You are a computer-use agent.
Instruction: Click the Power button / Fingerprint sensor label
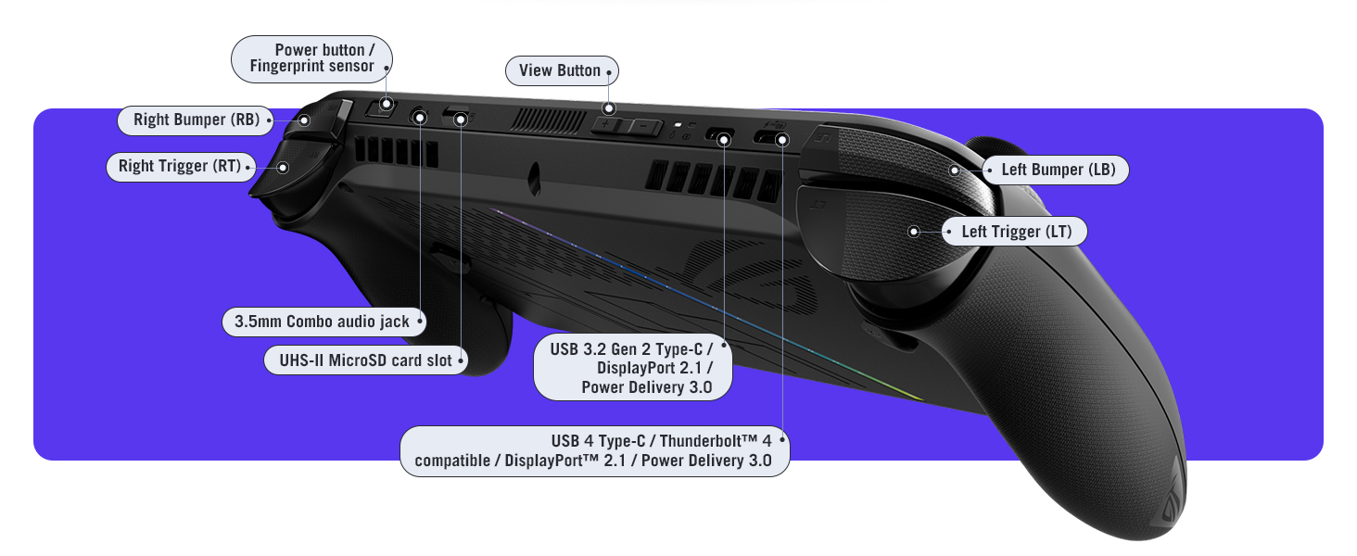(x=311, y=57)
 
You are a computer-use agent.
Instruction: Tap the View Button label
(x=560, y=70)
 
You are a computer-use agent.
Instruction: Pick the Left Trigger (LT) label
(x=1016, y=232)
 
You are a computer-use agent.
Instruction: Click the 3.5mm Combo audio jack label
(x=322, y=322)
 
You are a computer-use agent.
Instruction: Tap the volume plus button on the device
(x=608, y=124)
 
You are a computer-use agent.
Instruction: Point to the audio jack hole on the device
(x=420, y=117)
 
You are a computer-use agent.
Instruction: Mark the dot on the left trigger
(x=914, y=232)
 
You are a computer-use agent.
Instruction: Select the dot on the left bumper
(x=955, y=170)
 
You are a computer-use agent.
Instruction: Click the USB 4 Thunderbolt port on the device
(x=770, y=139)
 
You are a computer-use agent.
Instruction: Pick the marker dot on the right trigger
(x=284, y=168)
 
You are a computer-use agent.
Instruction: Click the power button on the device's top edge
(x=378, y=109)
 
